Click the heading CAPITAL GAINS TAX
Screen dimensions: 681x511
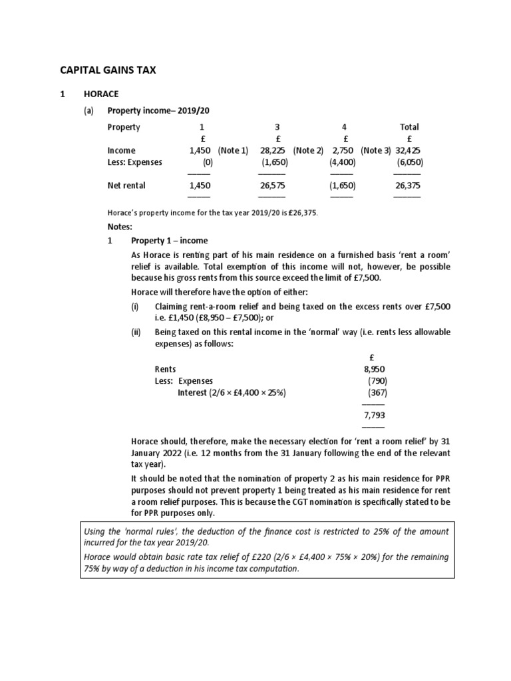[x=108, y=69]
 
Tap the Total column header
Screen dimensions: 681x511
[x=409, y=126]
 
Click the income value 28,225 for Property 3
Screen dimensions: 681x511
[x=271, y=150]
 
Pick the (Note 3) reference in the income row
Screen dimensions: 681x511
[x=377, y=150]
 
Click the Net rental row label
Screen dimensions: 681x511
[x=126, y=186]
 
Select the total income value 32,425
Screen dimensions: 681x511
[x=409, y=150]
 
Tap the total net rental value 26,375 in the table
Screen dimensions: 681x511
[x=408, y=186]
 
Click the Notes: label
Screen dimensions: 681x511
[x=120, y=227]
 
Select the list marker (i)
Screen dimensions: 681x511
[x=136, y=306]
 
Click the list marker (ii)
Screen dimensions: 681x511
[x=136, y=331]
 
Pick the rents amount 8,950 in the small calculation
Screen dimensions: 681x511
[x=374, y=368]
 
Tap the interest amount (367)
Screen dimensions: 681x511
[x=376, y=392]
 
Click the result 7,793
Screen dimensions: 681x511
[x=374, y=415]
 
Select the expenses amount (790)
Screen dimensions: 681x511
[x=377, y=380]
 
